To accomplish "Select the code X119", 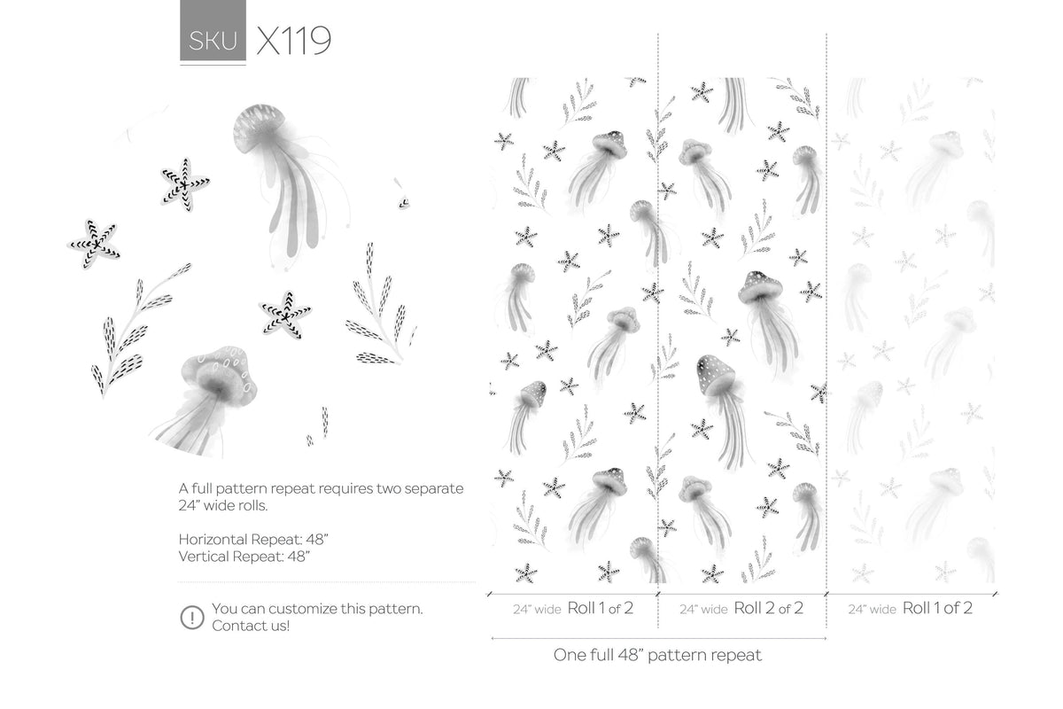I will [x=293, y=41].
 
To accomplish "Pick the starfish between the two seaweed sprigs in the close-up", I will [x=285, y=315].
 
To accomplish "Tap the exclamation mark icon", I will [x=191, y=617].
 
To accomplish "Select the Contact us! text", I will [x=251, y=626].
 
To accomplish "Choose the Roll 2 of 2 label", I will [x=768, y=608].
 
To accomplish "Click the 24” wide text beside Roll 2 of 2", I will [x=703, y=610].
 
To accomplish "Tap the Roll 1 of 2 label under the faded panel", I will [x=937, y=608].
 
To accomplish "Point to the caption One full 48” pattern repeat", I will [x=657, y=656].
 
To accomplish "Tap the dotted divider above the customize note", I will [x=326, y=582].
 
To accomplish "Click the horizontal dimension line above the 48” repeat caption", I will [x=657, y=638].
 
